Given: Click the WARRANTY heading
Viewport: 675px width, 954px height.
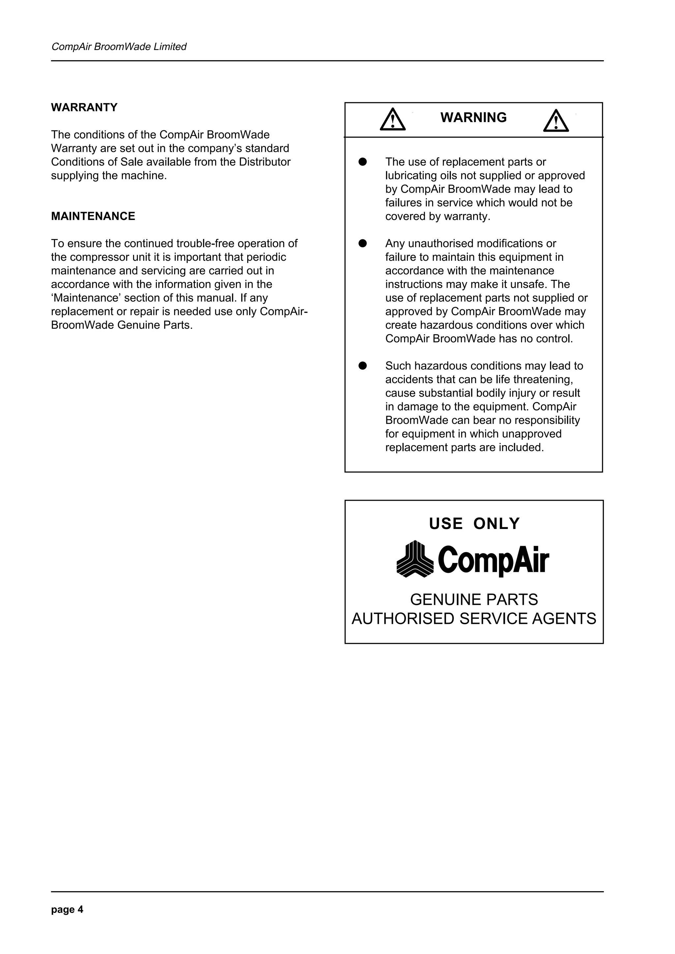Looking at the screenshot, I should point(84,108).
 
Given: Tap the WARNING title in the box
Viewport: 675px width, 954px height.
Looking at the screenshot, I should point(473,118).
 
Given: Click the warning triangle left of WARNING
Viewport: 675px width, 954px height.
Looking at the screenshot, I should point(392,120).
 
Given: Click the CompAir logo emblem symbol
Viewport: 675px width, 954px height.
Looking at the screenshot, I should point(415,559).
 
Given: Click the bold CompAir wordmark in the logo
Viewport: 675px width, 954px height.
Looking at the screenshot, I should point(493,561).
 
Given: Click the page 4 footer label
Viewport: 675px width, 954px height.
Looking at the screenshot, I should point(67,910).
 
